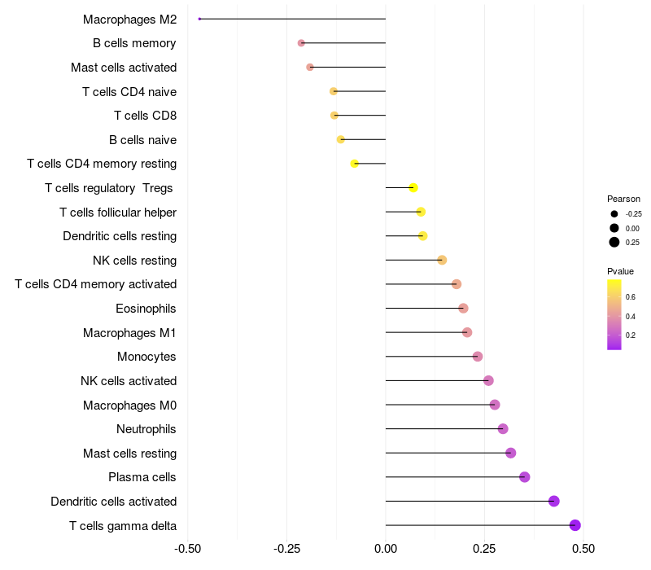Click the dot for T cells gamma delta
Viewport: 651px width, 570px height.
[x=575, y=525]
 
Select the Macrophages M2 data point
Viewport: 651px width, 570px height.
[x=199, y=19]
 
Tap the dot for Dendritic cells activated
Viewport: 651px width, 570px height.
[x=554, y=501]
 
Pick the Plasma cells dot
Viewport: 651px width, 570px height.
[x=525, y=477]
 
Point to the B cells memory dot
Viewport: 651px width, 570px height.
[x=301, y=42]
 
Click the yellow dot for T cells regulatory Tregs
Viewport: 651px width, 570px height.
[x=413, y=188]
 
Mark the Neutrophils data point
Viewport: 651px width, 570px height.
[x=503, y=429]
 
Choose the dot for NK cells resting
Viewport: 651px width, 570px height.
[x=442, y=261]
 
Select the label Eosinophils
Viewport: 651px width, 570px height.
[x=146, y=309]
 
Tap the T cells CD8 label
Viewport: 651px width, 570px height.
[x=145, y=116]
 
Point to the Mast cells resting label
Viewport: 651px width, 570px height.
[x=129, y=454]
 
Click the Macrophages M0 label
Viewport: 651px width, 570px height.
[x=129, y=405]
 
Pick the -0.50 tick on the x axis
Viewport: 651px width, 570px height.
[x=188, y=549]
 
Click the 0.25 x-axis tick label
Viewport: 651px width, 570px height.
[x=484, y=549]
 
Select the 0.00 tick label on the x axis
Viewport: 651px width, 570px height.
[x=386, y=549]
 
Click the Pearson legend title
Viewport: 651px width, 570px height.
[x=623, y=199]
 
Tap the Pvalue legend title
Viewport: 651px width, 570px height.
[x=620, y=271]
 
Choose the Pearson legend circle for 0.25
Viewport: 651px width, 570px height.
[x=614, y=242]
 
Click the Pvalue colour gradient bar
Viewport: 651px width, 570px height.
[x=614, y=314]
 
